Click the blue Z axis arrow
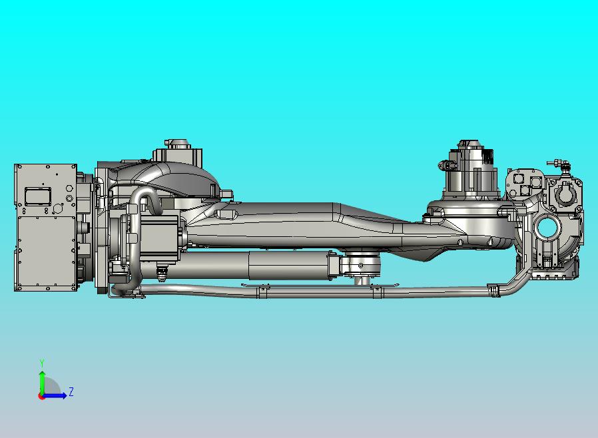[57, 395]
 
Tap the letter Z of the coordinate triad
[71, 392]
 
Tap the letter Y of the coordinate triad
[42, 363]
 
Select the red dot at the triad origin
[41, 396]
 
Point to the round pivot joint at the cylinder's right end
[362, 266]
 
